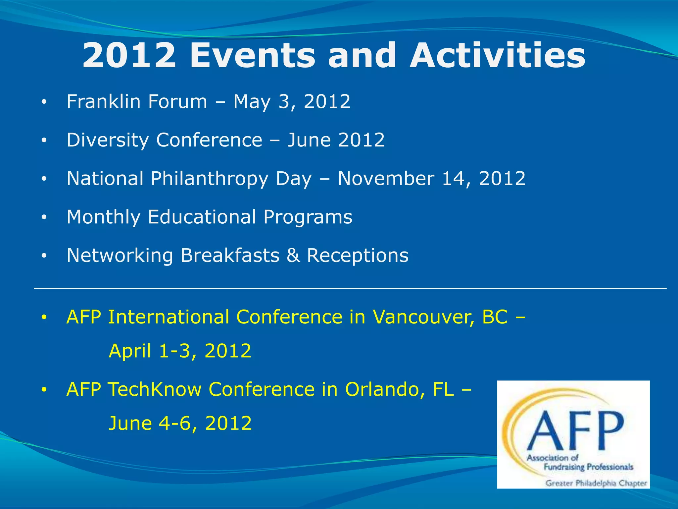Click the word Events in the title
[252, 55]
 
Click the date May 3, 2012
[292, 101]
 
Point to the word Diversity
[108, 140]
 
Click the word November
[386, 179]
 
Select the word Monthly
[103, 217]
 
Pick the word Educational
[202, 217]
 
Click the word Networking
[120, 256]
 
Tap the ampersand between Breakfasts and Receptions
[293, 256]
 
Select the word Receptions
[358, 256]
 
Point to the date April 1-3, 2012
[180, 351]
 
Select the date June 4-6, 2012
[180, 423]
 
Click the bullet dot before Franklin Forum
[44, 102]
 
